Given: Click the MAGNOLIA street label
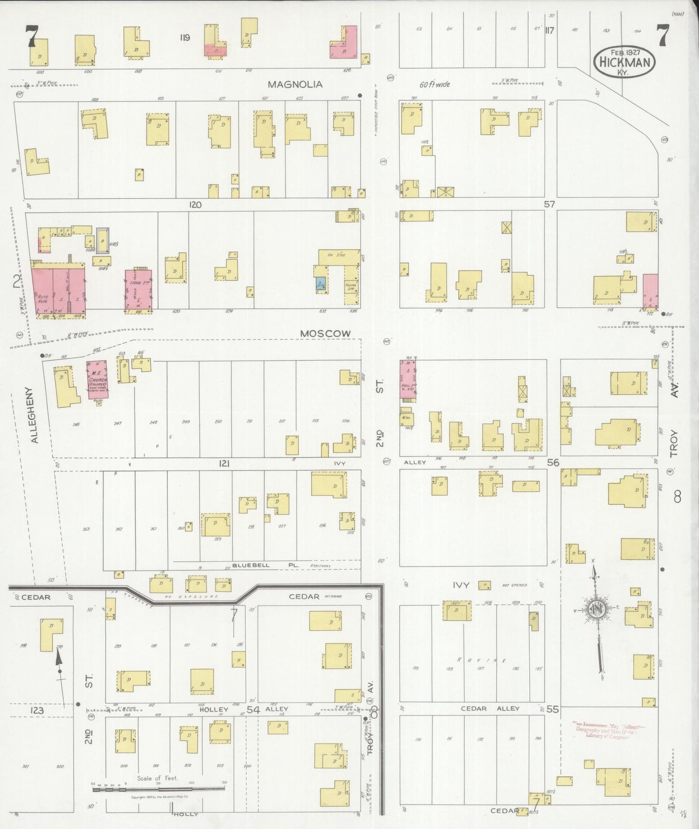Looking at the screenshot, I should (x=295, y=84).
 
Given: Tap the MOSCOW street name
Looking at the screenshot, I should (x=325, y=334).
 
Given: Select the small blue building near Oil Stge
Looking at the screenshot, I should (x=321, y=284).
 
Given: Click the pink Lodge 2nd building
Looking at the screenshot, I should (x=139, y=289).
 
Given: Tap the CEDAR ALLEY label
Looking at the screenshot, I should (x=490, y=709).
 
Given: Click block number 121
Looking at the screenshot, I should (x=223, y=463).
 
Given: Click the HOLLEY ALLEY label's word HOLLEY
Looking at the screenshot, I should (x=213, y=710).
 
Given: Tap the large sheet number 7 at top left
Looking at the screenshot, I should (x=32, y=35).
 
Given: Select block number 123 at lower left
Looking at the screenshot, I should (x=37, y=711).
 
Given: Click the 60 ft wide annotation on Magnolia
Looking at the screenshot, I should (x=434, y=84).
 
